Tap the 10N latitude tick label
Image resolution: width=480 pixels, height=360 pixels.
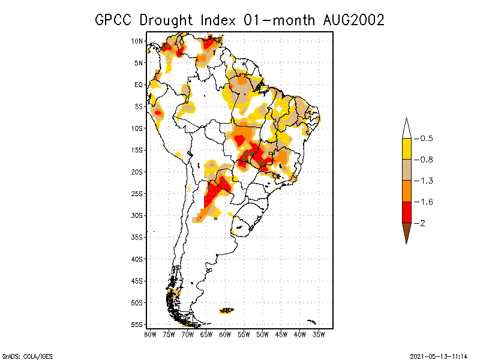coord(137,41)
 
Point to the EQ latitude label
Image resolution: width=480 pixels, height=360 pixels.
coord(139,85)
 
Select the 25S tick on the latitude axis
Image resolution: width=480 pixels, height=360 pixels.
coord(137,193)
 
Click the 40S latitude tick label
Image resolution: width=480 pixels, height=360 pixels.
coord(137,259)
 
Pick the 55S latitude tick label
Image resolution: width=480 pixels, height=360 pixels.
coord(137,324)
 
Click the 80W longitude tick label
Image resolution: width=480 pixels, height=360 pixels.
coord(150,334)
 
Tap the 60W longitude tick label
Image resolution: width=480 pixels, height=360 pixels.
coord(225,334)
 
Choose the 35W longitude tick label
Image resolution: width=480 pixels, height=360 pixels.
coord(319,334)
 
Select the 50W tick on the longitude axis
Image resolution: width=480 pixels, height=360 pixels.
coord(262,334)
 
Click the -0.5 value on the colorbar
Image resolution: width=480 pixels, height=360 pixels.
coord(426,139)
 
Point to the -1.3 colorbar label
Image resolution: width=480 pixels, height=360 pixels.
coord(426,181)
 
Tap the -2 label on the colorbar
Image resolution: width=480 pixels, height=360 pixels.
coord(422,223)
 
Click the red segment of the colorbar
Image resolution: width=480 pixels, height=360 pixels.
coord(407,212)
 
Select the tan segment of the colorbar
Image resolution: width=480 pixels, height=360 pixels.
coord(407,170)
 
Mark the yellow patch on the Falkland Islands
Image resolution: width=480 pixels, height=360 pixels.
coord(227,310)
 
